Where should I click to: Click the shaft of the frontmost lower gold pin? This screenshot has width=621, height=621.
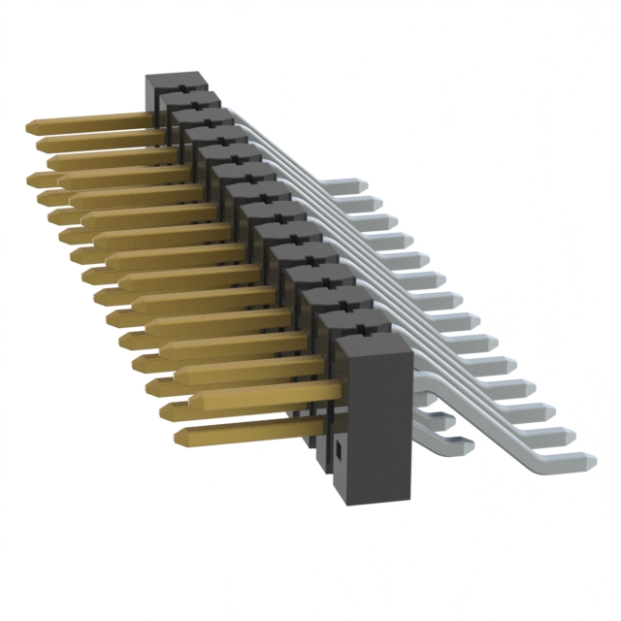coord(243,428)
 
